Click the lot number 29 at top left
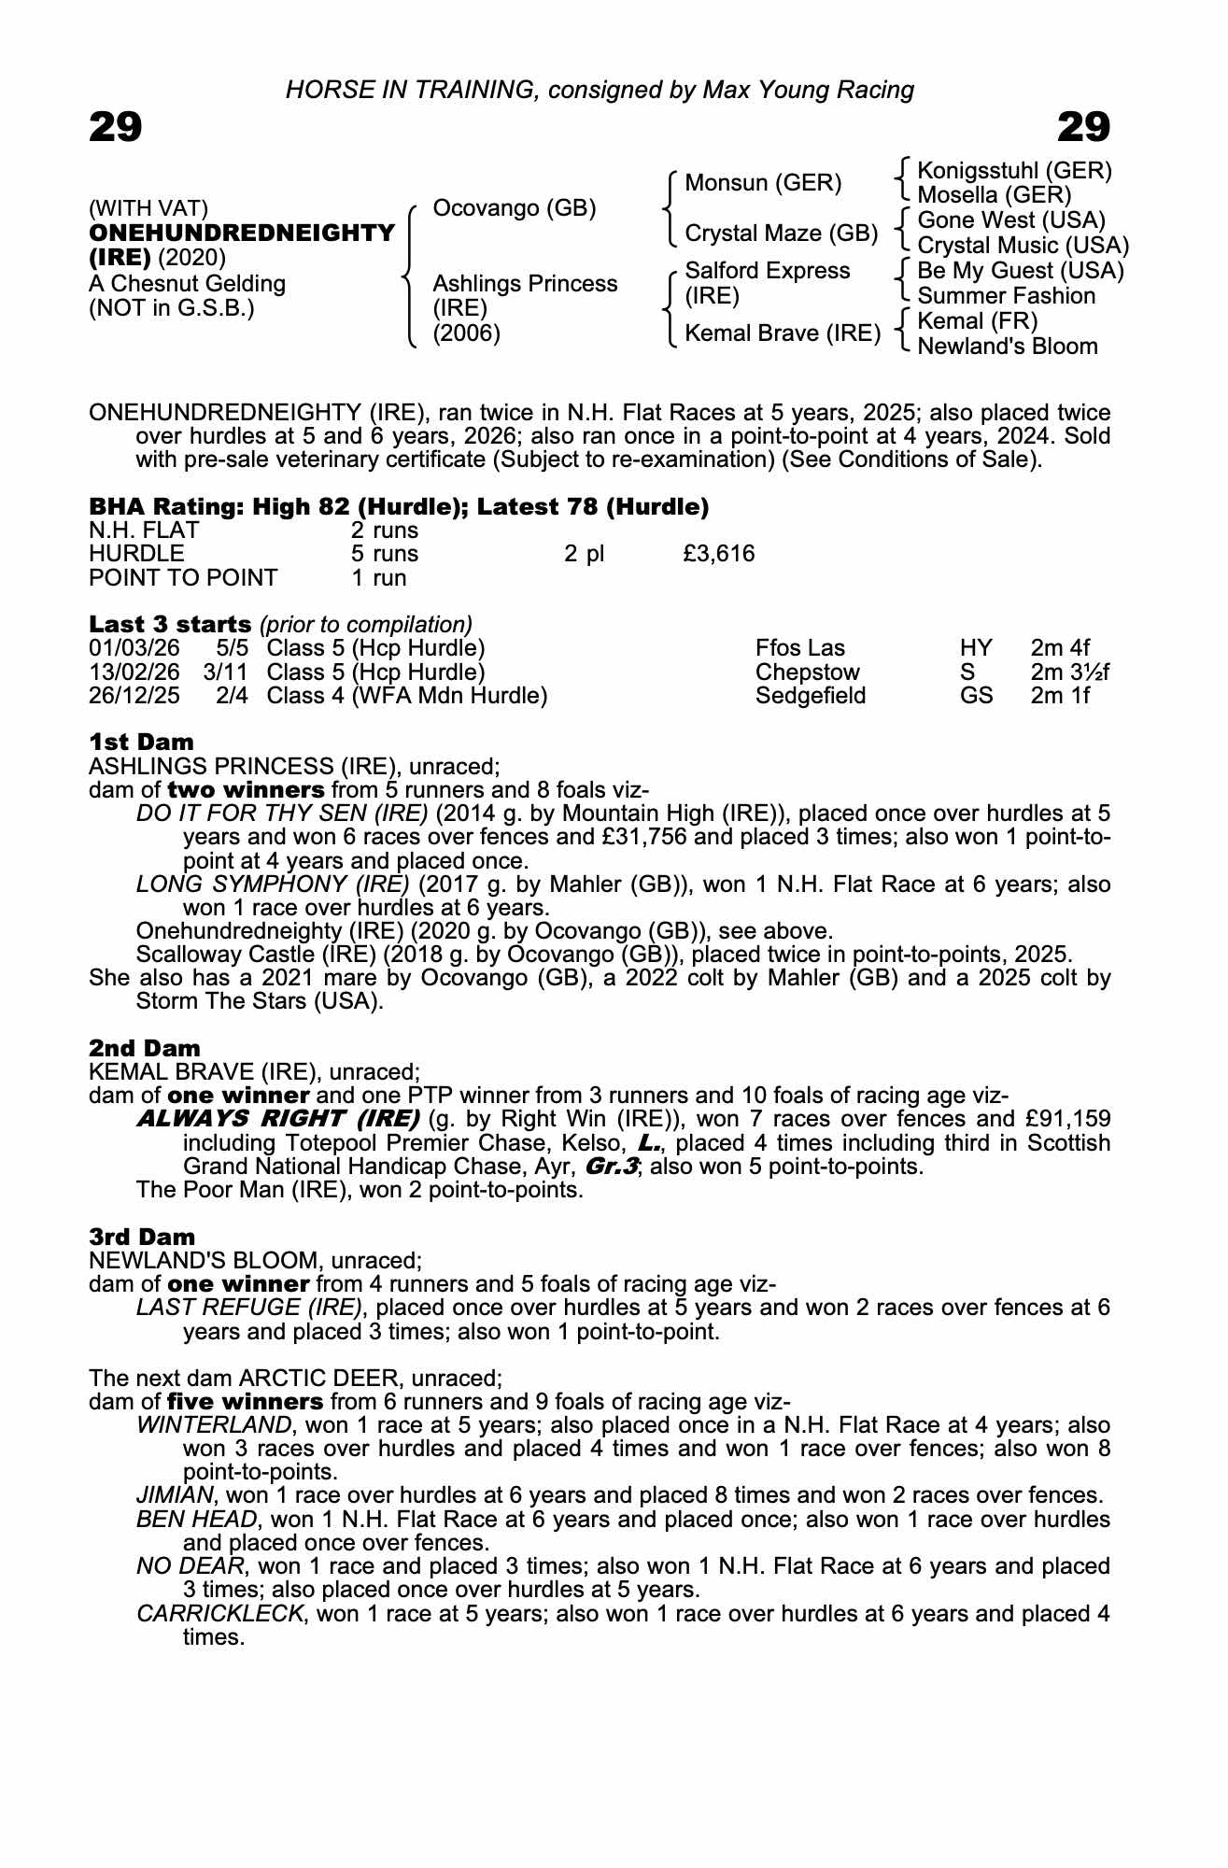click(116, 127)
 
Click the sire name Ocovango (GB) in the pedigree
click(515, 207)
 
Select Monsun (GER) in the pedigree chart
click(763, 183)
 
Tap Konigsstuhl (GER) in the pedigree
click(1014, 171)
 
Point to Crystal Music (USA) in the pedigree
click(1023, 246)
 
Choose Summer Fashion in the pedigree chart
click(1006, 296)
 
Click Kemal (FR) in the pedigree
click(978, 321)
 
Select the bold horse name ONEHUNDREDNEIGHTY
click(242, 233)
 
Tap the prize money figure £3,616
click(718, 554)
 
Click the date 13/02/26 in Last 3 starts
click(134, 672)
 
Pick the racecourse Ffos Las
click(799, 648)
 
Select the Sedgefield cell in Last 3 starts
click(810, 696)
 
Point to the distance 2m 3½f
click(1070, 672)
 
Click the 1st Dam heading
click(142, 743)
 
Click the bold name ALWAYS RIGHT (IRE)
click(277, 1119)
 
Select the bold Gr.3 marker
click(611, 1167)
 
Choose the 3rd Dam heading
click(142, 1237)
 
